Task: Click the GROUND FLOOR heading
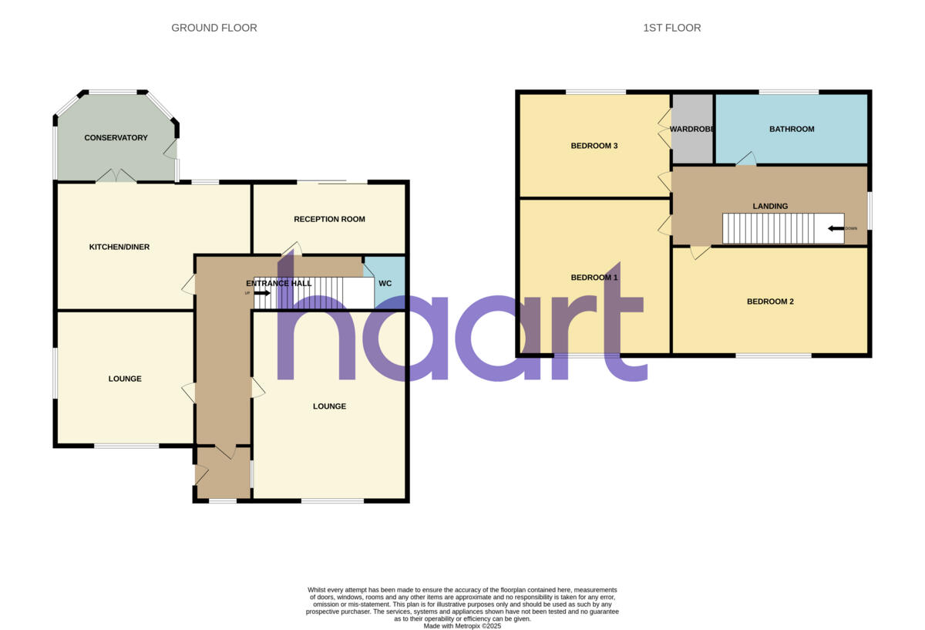click(x=214, y=28)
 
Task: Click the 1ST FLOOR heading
click(x=672, y=28)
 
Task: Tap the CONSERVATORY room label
click(x=116, y=138)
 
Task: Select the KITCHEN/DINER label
click(x=119, y=247)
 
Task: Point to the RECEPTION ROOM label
click(x=329, y=219)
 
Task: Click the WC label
click(x=385, y=283)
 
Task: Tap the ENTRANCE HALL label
click(x=284, y=283)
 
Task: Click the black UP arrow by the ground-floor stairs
click(x=261, y=293)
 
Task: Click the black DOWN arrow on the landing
click(x=836, y=228)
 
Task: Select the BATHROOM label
click(x=792, y=129)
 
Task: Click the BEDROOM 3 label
click(x=594, y=146)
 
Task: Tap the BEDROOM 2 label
click(x=770, y=302)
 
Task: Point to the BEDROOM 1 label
click(x=594, y=277)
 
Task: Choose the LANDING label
click(x=770, y=206)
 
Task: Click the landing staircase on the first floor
click(x=771, y=228)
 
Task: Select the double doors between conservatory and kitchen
click(x=116, y=176)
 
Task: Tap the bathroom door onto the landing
click(x=745, y=159)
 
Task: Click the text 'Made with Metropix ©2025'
click(x=462, y=626)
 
